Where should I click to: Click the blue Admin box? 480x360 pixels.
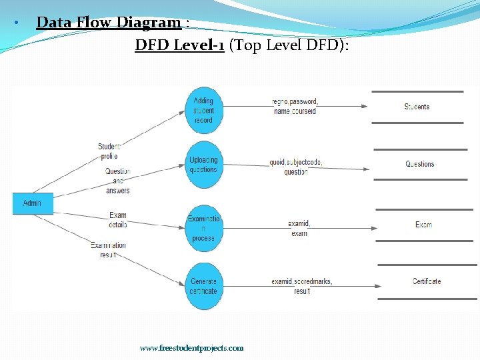tap(32, 203)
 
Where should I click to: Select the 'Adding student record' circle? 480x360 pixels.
tap(203, 111)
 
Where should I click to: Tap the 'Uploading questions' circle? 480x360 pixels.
tap(203, 165)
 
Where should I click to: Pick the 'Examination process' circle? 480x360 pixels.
tap(203, 228)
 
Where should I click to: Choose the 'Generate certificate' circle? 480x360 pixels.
tap(203, 286)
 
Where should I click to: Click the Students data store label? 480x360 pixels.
tap(417, 107)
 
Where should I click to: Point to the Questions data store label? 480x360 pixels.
tap(419, 164)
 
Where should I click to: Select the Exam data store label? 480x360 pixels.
tap(423, 225)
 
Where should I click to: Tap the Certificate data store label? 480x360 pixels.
tap(427, 281)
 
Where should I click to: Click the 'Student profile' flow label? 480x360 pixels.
tap(109, 151)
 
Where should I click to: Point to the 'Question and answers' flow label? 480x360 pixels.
tap(117, 181)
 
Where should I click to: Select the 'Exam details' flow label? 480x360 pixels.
tap(117, 220)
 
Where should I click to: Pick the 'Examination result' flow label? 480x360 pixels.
tap(109, 250)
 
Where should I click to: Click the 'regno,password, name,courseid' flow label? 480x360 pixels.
tap(295, 107)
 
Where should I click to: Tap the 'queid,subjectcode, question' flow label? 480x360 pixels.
tap(295, 167)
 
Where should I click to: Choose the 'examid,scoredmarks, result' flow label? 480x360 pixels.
tap(301, 286)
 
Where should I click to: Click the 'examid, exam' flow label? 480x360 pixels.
tap(299, 229)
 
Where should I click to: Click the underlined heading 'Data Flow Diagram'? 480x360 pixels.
tap(109, 23)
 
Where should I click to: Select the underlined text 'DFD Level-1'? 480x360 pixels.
tap(179, 45)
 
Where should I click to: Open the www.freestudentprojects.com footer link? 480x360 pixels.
tap(191, 348)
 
